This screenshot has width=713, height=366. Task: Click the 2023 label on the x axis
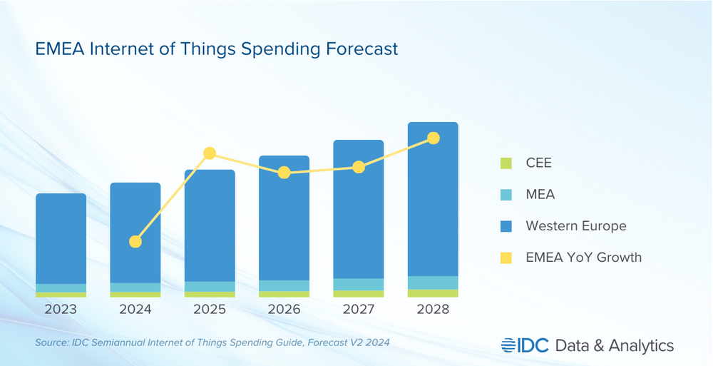pyautogui.click(x=61, y=310)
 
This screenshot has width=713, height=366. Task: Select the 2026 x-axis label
pyautogui.click(x=284, y=310)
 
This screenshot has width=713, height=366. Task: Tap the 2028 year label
pyautogui.click(x=433, y=310)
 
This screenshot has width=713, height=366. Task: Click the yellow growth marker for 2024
pyautogui.click(x=135, y=242)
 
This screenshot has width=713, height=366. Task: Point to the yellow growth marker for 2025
pyautogui.click(x=210, y=153)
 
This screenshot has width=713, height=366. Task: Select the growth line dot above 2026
pyautogui.click(x=284, y=173)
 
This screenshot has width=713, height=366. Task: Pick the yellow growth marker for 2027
pyautogui.click(x=359, y=167)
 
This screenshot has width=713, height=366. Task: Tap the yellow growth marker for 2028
pyautogui.click(x=433, y=138)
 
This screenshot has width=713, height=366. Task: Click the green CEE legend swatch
pyautogui.click(x=506, y=163)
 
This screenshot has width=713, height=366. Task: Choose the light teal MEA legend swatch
pyautogui.click(x=506, y=195)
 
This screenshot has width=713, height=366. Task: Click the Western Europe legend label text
pyautogui.click(x=575, y=226)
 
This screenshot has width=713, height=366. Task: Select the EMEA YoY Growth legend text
pyautogui.click(x=583, y=258)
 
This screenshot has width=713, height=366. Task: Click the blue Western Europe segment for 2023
pyautogui.click(x=61, y=238)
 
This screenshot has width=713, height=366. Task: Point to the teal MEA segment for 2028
pyautogui.click(x=433, y=283)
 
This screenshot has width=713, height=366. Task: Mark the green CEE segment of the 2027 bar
pyautogui.click(x=359, y=294)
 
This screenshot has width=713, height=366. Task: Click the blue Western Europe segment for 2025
pyautogui.click(x=210, y=225)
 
